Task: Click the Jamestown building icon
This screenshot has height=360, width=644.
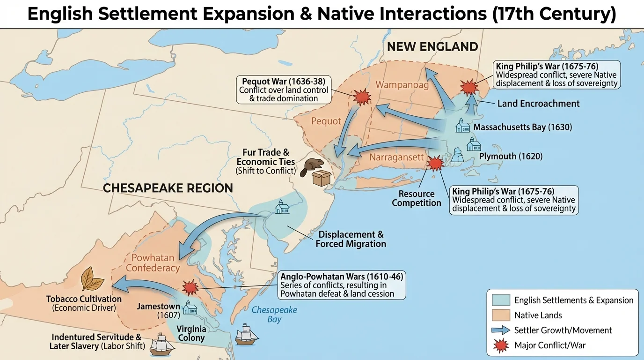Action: click(x=190, y=307)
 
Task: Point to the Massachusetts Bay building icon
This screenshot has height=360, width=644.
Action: click(x=462, y=125)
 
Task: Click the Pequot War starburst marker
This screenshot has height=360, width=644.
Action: click(x=361, y=97)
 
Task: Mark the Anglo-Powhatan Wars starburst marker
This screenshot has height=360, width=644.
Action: click(x=190, y=287)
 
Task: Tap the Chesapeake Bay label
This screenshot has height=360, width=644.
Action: click(x=274, y=315)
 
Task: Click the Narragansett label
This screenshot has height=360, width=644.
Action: click(x=396, y=157)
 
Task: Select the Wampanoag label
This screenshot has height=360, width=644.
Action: click(x=402, y=85)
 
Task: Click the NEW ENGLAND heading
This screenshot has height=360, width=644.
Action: click(x=432, y=47)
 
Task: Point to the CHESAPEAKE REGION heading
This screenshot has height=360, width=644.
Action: click(x=168, y=188)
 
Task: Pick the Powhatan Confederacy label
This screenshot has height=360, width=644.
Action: click(x=153, y=263)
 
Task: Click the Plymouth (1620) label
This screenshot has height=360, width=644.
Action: click(x=511, y=157)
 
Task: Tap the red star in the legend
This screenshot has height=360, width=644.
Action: click(x=501, y=345)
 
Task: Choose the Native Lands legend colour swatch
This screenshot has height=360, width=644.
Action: click(x=501, y=315)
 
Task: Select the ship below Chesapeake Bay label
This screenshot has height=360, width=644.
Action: click(x=247, y=335)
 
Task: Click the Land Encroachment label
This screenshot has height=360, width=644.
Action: click(x=538, y=104)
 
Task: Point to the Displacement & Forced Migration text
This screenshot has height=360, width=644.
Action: click(x=351, y=239)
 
